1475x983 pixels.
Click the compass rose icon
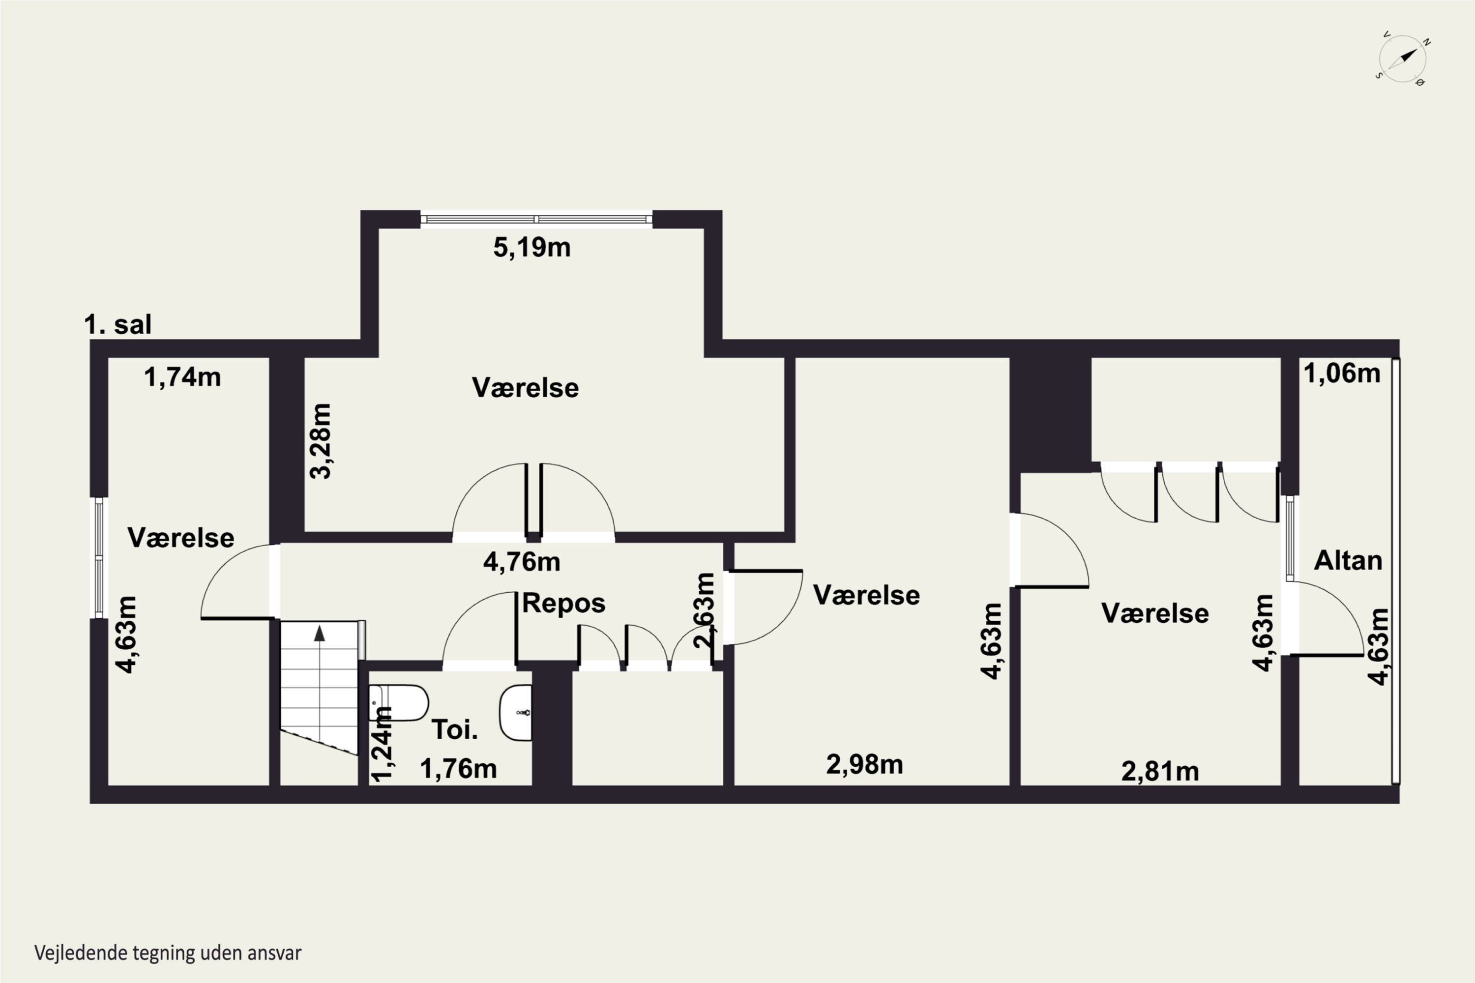point(1403,59)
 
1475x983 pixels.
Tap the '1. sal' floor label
point(118,325)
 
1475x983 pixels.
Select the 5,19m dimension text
point(532,248)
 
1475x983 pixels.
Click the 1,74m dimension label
point(182,377)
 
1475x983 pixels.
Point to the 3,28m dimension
point(321,441)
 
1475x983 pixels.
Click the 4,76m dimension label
point(522,562)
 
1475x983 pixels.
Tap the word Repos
point(564,603)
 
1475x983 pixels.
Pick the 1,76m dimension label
point(458,769)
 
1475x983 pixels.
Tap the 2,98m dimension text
point(865,765)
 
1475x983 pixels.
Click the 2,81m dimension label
point(1160,772)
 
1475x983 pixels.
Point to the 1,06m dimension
point(1342,374)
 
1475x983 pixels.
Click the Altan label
point(1348,560)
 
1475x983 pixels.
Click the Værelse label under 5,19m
point(526,387)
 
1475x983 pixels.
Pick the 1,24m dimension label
point(382,744)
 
